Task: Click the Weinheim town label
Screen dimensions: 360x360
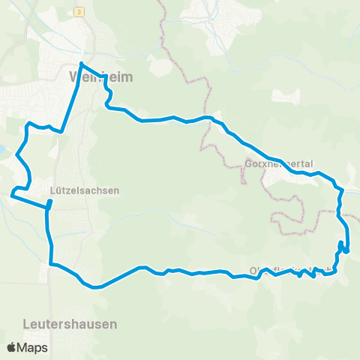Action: point(90,76)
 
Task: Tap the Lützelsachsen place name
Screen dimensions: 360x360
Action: point(84,190)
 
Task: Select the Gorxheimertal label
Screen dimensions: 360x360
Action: point(278,163)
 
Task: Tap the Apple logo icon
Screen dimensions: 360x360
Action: point(11,347)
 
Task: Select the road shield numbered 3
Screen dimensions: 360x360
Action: point(78,13)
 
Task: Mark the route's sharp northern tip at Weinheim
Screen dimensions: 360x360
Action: point(80,62)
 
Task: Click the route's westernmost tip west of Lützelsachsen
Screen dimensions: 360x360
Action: point(12,195)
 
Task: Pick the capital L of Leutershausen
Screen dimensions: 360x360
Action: point(26,324)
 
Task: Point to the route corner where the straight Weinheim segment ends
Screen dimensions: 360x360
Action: point(61,131)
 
